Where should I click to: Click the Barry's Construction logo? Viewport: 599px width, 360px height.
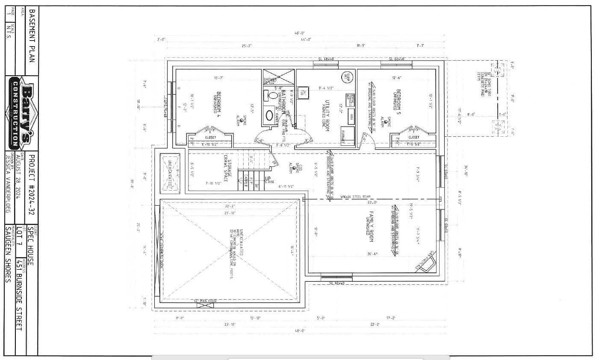click(x=21, y=112)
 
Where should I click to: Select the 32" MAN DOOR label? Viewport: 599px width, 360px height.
click(x=206, y=301)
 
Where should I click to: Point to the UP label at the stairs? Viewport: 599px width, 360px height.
click(x=268, y=178)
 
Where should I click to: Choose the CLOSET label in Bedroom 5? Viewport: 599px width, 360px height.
click(x=413, y=137)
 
